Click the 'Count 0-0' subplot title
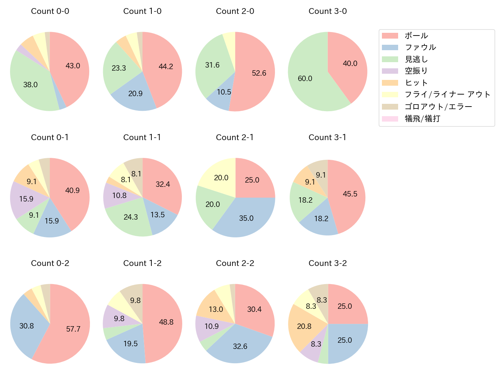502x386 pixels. (x=50, y=11)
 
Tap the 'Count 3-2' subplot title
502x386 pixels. (x=327, y=263)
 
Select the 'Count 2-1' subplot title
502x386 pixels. (x=235, y=137)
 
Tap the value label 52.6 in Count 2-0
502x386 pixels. (x=259, y=73)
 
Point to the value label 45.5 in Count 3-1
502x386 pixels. (x=350, y=194)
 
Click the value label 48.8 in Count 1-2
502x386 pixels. (x=166, y=322)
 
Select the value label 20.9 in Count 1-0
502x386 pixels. (x=135, y=94)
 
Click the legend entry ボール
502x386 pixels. (x=416, y=36)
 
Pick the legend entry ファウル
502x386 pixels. (x=420, y=47)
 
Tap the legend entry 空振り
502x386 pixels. (x=416, y=71)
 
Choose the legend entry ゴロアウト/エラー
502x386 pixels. (x=438, y=107)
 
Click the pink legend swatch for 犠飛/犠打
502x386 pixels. (x=390, y=119)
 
